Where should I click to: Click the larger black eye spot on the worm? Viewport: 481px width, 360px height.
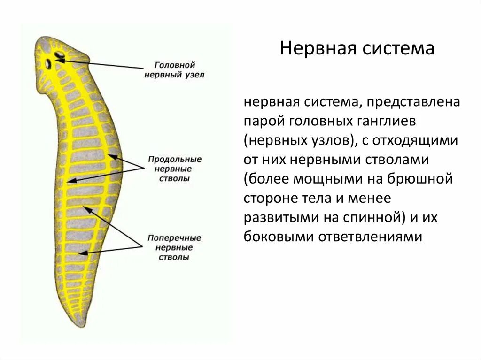click(x=60, y=55)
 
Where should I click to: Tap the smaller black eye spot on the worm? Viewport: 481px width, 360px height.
click(x=49, y=63)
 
